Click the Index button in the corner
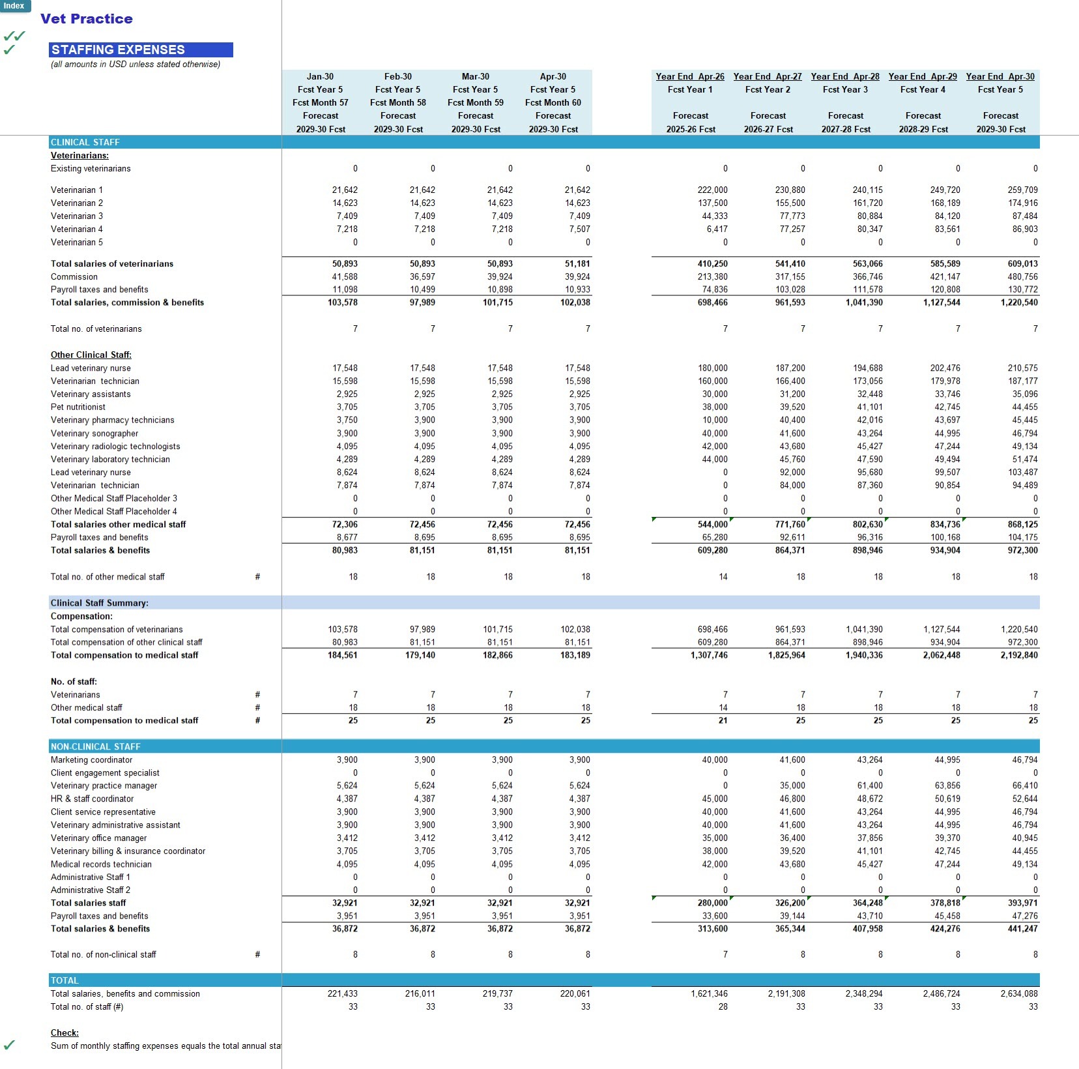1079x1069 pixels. pyautogui.click(x=14, y=6)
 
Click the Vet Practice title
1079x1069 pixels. pyautogui.click(x=87, y=19)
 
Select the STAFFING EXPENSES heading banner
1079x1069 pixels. pyautogui.click(x=141, y=50)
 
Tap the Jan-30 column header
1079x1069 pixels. pyautogui.click(x=320, y=76)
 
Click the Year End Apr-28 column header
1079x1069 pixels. pyautogui.click(x=845, y=76)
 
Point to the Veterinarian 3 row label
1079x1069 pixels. pyautogui.click(x=77, y=216)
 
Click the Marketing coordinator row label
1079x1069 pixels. pyautogui.click(x=91, y=759)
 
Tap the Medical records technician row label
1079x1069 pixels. pyautogui.click(x=101, y=864)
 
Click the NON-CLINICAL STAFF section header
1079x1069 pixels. pyautogui.click(x=96, y=746)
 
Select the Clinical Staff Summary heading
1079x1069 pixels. pyautogui.click(x=100, y=603)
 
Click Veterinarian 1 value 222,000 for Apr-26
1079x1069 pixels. pyautogui.click(x=713, y=190)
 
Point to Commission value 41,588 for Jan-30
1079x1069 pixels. pyautogui.click(x=345, y=276)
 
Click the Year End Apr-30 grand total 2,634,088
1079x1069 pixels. pyautogui.click(x=1019, y=993)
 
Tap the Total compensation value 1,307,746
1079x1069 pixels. pyautogui.click(x=709, y=655)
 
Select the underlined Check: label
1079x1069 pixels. pyautogui.click(x=65, y=1032)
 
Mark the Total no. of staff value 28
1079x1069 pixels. pyautogui.click(x=723, y=1006)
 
